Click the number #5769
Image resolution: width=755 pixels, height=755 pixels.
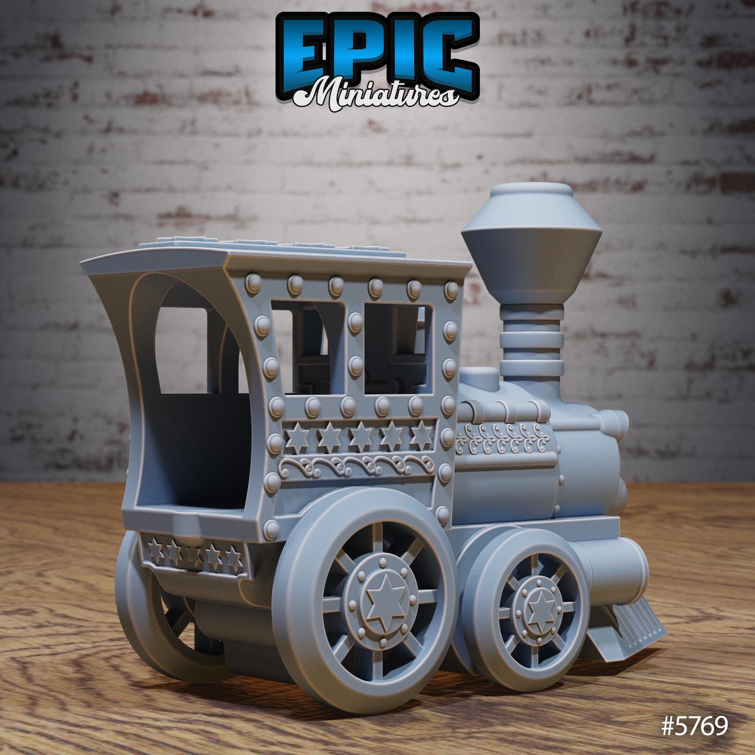click(x=694, y=728)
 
